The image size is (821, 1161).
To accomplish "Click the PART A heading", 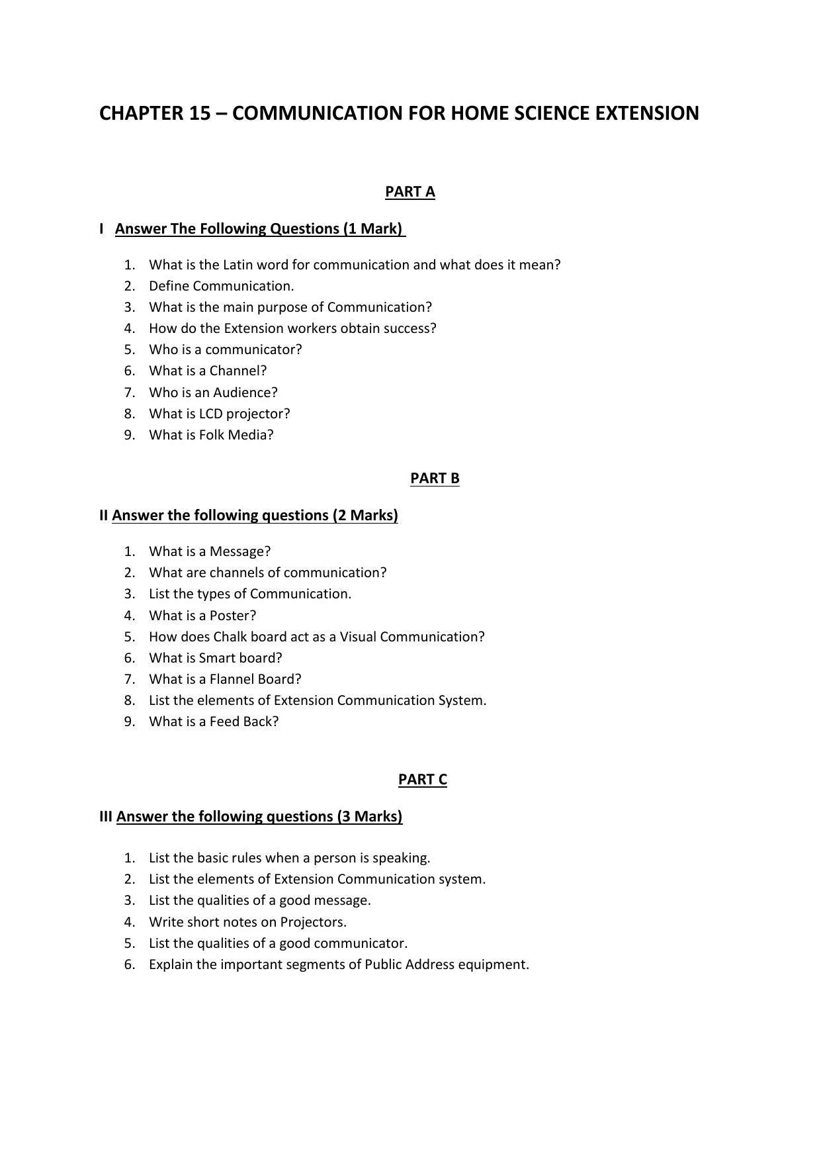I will [x=410, y=192].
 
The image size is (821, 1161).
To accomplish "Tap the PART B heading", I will [x=435, y=479].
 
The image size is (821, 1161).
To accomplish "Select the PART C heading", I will [x=422, y=780].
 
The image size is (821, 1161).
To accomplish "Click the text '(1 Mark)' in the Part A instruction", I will [x=372, y=229].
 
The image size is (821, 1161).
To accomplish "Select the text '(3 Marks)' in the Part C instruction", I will [x=370, y=817].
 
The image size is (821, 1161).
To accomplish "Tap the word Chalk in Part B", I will [x=230, y=637].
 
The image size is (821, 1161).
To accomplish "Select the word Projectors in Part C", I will [x=312, y=922].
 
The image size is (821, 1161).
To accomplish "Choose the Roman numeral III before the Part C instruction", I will [x=106, y=817].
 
